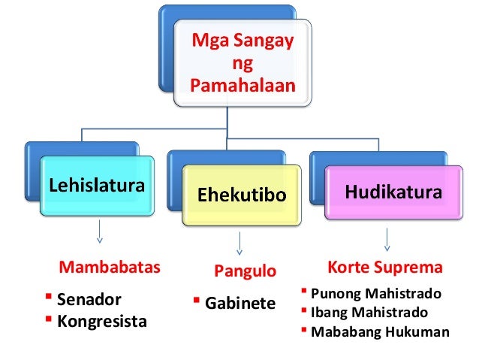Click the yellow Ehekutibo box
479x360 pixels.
point(242,195)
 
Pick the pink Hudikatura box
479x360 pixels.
point(393,194)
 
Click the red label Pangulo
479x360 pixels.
point(246,271)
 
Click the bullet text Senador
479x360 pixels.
point(89,299)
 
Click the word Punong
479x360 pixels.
point(334,294)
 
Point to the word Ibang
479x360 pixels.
point(328,313)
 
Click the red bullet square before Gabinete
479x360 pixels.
point(196,301)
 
